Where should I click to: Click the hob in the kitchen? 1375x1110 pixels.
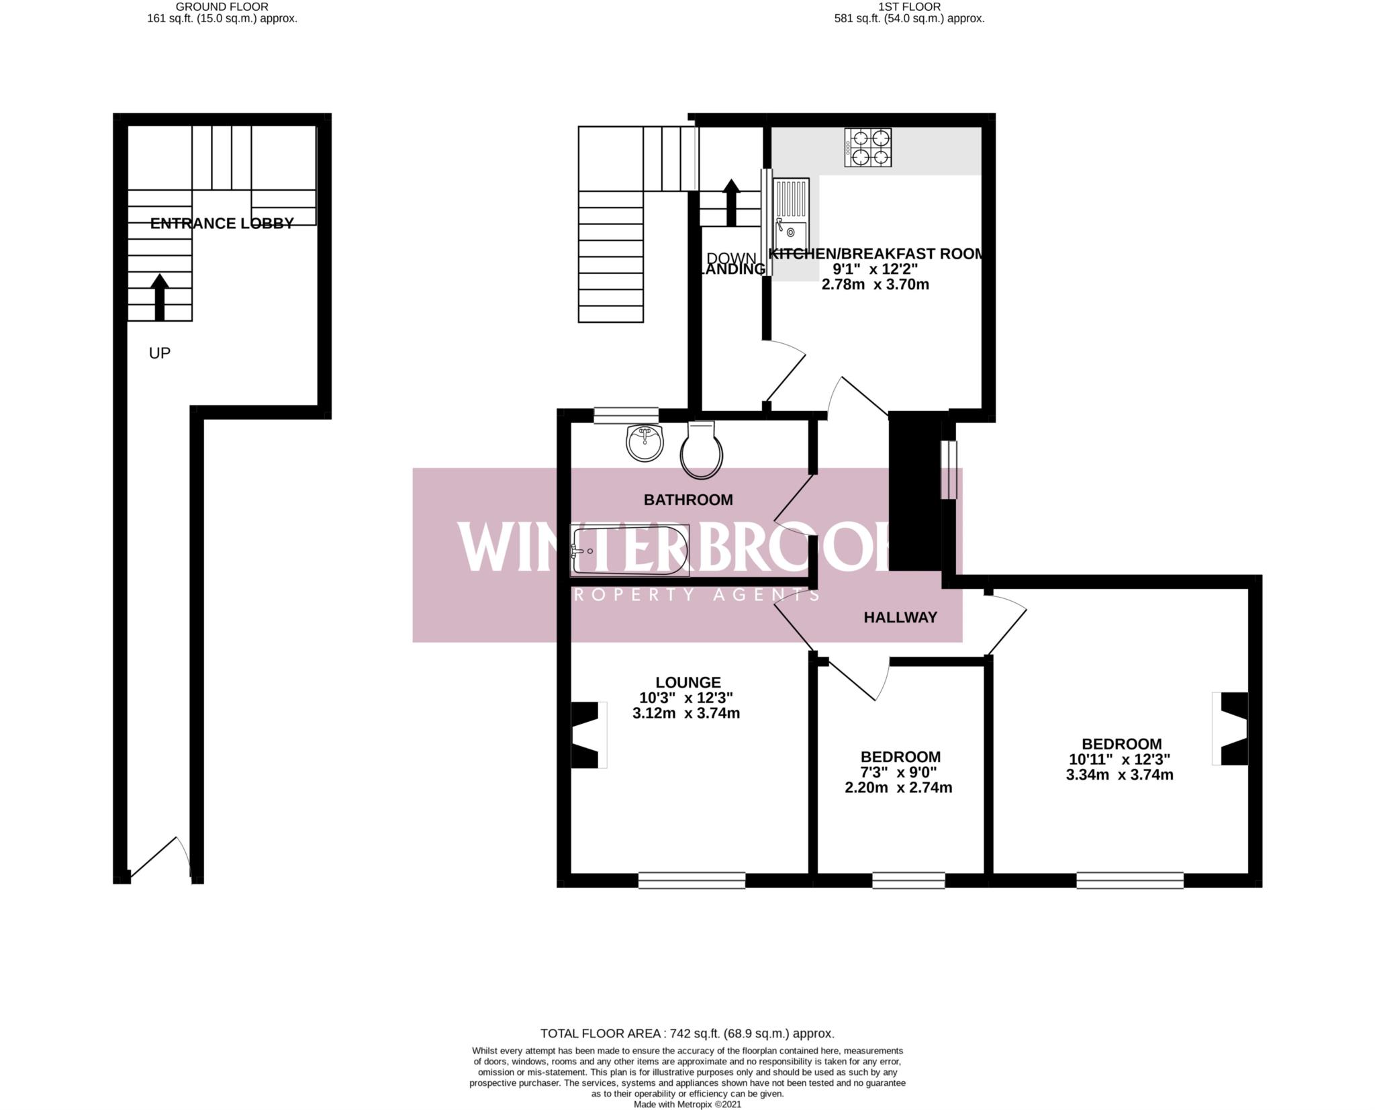868,148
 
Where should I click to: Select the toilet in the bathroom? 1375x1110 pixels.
702,450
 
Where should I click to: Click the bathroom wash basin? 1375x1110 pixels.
644,443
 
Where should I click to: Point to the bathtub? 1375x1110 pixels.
630,551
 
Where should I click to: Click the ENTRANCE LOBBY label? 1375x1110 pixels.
222,224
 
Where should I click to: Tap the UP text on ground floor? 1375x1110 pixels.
160,353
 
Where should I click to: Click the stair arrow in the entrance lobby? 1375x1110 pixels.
159,297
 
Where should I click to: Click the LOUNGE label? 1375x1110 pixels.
688,682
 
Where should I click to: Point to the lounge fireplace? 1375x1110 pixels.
587,735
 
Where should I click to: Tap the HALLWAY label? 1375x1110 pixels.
900,617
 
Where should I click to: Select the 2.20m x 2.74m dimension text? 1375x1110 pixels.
898,788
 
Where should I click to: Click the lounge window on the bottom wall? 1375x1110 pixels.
692,880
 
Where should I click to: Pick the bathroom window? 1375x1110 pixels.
626,415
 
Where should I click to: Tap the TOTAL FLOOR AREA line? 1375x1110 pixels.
687,1033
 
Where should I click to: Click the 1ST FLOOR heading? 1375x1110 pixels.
909,7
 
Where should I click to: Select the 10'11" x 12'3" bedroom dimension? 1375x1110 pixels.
1119,759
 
